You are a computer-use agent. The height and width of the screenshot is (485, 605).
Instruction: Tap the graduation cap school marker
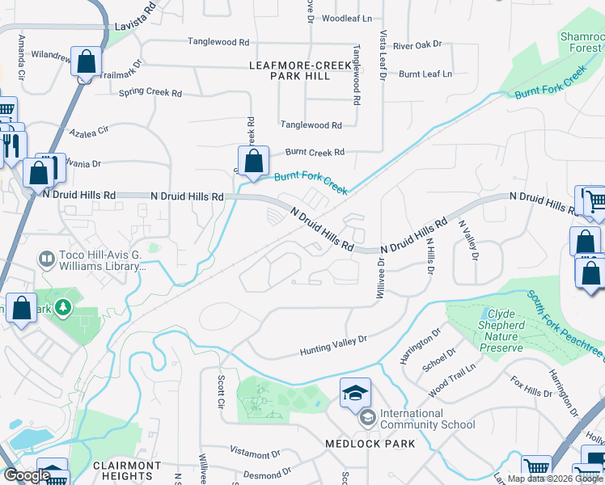tap(355, 393)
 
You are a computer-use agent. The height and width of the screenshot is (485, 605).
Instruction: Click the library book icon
tap(47, 259)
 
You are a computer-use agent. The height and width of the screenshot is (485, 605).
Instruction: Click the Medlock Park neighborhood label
tap(370, 444)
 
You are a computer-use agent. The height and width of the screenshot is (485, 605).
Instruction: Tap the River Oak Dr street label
tap(417, 46)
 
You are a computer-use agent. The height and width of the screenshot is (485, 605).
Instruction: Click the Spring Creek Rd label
tap(150, 92)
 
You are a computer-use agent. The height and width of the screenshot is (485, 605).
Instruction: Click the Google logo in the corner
tap(26, 475)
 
